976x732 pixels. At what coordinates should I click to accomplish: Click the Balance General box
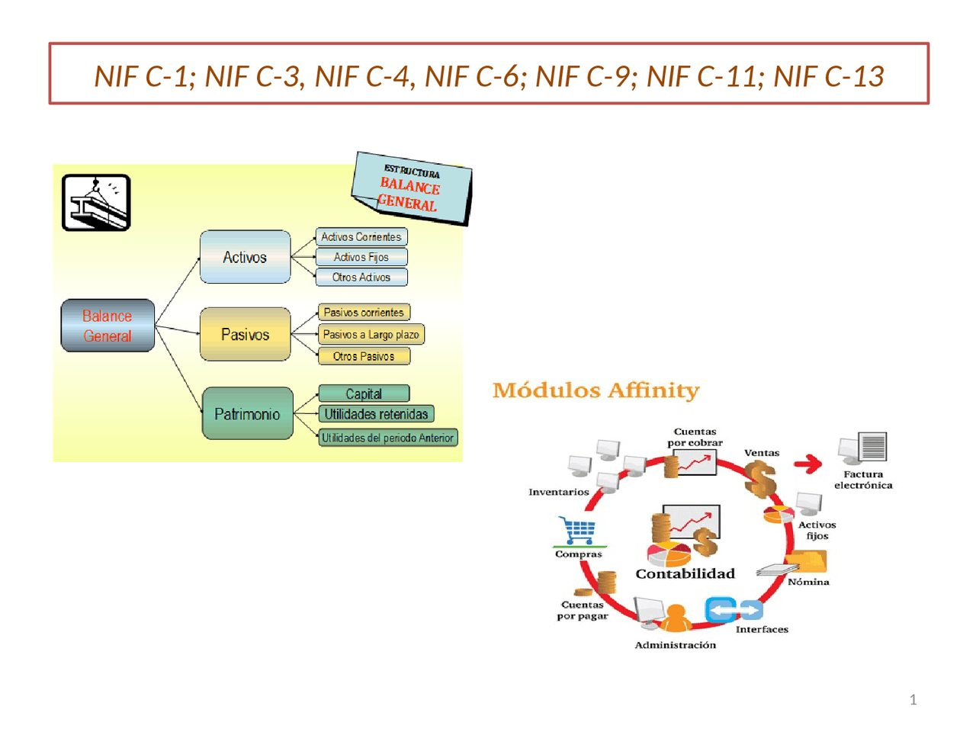[108, 326]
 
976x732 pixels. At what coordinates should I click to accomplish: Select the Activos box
[245, 257]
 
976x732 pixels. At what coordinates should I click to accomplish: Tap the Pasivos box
[245, 334]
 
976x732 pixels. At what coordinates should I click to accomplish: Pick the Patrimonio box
[247, 414]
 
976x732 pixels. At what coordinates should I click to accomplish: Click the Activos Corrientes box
[361, 237]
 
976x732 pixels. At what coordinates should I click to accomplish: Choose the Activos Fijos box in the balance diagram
[361, 257]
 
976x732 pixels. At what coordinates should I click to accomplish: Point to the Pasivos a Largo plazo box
[371, 334]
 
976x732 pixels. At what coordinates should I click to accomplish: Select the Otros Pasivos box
[364, 356]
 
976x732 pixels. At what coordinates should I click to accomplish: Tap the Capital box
[364, 393]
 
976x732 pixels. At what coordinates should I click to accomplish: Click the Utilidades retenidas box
[376, 414]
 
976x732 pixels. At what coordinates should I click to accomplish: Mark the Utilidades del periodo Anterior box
[387, 438]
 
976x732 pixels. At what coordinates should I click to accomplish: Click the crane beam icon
[96, 203]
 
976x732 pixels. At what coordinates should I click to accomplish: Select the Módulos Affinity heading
[596, 390]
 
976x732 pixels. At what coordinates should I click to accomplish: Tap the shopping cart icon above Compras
[579, 530]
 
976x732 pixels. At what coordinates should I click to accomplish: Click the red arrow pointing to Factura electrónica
[807, 463]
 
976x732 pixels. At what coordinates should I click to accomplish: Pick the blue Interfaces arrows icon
[734, 610]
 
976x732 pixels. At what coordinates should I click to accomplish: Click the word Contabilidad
[685, 573]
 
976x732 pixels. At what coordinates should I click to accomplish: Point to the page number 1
[913, 700]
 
